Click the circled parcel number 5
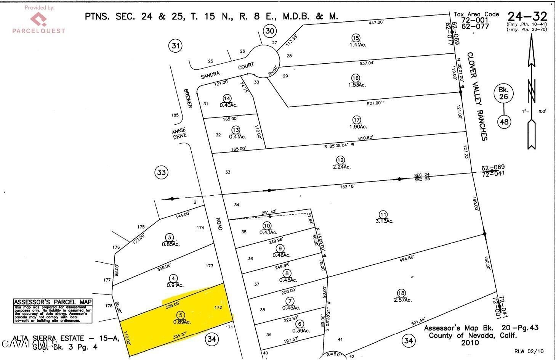point(181,315)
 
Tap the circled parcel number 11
point(383,214)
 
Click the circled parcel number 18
point(401,293)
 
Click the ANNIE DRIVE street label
point(179,133)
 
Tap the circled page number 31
point(175,46)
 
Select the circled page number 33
point(162,172)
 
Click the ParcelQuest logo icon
point(38,18)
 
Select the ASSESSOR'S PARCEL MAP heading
point(53,302)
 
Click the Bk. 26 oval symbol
point(503,93)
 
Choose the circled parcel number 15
point(356,38)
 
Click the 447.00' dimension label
point(376,22)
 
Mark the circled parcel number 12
point(340,160)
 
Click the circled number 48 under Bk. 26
point(504,122)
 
